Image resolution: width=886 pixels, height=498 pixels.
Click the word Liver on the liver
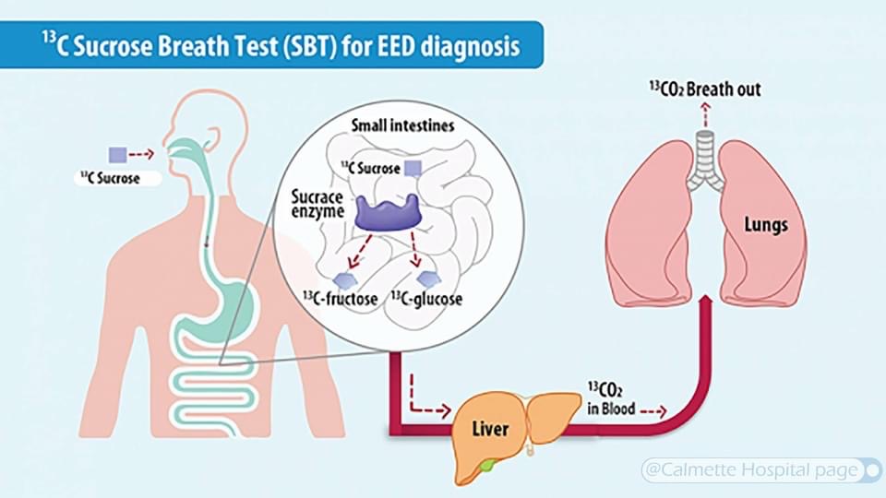coord(490,429)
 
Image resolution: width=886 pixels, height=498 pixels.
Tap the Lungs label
coord(766,225)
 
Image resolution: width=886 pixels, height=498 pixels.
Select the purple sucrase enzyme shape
coord(388,213)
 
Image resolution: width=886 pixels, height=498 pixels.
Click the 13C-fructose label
coord(341,298)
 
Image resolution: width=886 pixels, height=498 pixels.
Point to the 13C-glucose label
coord(426,298)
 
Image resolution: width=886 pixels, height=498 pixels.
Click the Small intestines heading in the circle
coord(402,125)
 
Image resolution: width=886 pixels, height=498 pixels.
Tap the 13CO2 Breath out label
coord(704,89)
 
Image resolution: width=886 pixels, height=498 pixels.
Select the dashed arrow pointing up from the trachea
coord(704,114)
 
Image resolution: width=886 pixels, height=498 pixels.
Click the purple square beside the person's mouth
coord(117,155)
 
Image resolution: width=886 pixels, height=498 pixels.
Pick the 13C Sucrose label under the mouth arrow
coord(110,178)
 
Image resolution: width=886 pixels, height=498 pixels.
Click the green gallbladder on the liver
coord(487,464)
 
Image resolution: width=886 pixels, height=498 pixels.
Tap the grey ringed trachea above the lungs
coord(704,158)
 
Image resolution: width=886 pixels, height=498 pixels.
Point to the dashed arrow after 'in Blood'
coord(653,411)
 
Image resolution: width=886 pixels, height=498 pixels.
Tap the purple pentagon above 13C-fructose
coord(343,280)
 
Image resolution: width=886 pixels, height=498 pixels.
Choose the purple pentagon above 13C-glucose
coord(429,278)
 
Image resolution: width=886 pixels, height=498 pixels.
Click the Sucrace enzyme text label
coord(317,205)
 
